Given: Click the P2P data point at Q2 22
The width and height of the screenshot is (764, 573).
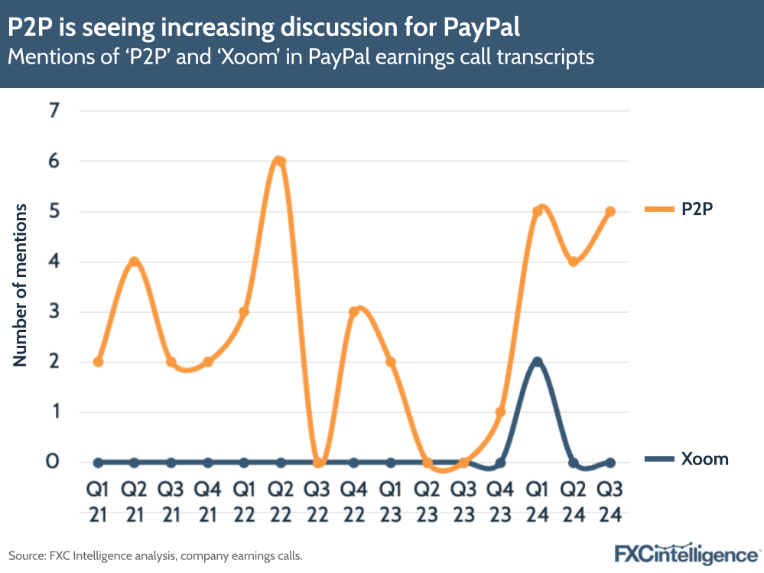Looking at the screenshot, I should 280,161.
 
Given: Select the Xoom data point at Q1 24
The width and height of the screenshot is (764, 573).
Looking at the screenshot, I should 537,362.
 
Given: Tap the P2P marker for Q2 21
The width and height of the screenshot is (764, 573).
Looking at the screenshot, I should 135,262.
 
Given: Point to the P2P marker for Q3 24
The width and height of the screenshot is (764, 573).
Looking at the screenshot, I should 610,212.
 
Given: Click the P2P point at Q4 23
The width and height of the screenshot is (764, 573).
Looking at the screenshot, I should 500,412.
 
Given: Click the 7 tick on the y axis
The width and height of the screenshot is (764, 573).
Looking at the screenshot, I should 54,112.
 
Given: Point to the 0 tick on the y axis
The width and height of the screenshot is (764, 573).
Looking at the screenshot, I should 54,462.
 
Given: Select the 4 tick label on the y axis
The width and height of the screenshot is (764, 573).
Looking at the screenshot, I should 54,262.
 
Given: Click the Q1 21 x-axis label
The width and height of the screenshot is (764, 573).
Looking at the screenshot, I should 98,500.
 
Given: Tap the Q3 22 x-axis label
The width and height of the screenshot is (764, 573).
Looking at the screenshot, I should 317,500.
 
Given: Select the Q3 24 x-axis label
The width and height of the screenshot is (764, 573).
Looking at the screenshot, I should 610,500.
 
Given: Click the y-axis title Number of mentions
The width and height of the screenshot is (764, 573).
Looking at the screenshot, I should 21,285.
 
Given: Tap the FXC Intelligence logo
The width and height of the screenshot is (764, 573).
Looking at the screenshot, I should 688,553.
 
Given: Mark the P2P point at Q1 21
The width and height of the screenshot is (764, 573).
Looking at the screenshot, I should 98,362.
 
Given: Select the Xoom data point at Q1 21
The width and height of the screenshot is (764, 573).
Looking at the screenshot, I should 98,462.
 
